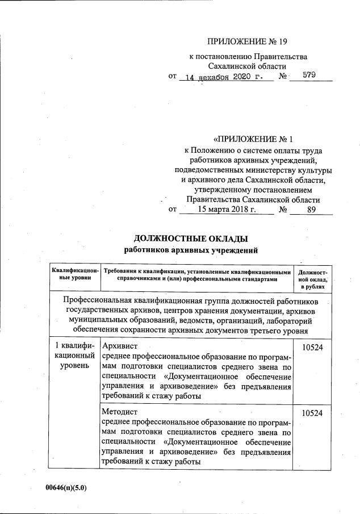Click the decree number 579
pos(309,75)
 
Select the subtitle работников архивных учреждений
pos(191,249)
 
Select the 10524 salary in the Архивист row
pos(312,346)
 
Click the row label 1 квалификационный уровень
pos(75,355)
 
